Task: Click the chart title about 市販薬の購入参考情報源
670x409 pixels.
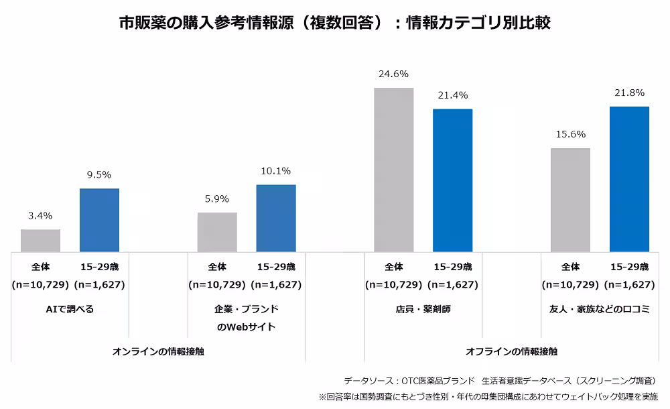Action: coord(334,22)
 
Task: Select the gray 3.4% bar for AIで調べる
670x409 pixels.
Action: coord(40,240)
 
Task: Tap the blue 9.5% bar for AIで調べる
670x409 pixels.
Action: coord(99,220)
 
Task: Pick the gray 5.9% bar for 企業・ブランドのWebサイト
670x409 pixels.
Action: coord(217,232)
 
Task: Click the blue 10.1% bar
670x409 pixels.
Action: coord(276,218)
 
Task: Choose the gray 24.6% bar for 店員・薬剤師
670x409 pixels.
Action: coord(394,170)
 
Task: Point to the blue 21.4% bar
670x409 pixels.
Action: coord(453,180)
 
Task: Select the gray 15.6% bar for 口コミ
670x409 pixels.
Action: coord(570,200)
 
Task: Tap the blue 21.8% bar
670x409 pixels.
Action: coord(629,179)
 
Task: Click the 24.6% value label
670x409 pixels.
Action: coord(394,74)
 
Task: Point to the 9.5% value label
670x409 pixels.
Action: coord(99,175)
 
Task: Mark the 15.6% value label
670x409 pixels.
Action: coord(570,135)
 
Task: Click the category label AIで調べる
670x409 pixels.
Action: coord(70,309)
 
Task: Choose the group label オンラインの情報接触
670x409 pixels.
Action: coord(158,351)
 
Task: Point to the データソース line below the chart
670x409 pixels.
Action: coord(499,379)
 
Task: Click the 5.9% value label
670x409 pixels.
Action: coord(217,198)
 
